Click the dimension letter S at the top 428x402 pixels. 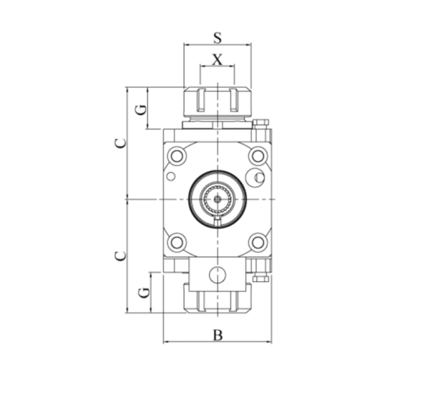click(218, 38)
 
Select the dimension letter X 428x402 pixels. click(218, 59)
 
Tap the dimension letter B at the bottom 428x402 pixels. click(218, 335)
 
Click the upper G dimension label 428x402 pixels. click(141, 109)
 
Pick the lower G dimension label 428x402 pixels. click(144, 293)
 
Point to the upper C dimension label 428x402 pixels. click(121, 144)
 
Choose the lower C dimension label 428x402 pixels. click(121, 256)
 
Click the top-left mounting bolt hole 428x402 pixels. click(178, 156)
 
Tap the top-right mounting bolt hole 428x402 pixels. click(258, 156)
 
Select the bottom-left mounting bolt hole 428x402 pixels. click(178, 242)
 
